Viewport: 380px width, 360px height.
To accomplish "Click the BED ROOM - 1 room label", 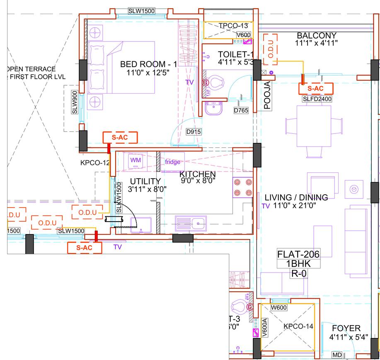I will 148,65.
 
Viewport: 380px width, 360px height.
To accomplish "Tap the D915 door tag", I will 194,132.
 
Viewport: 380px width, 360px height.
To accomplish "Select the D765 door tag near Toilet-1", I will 241,111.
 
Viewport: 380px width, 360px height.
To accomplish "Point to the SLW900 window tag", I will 75,102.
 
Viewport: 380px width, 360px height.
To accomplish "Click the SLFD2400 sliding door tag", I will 317,99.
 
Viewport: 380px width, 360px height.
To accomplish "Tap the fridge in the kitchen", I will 172,162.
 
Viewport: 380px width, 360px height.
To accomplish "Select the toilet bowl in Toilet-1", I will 214,82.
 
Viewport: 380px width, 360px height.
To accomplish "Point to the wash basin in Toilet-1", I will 213,109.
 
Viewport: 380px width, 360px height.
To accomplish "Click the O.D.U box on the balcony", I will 270,50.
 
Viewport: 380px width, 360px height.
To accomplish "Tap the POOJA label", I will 268,96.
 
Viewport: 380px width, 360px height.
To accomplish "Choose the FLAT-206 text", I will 298,254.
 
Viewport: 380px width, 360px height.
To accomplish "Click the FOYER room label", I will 345,328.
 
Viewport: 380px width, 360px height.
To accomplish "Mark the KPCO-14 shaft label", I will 298,326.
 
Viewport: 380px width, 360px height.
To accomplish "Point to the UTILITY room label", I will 145,181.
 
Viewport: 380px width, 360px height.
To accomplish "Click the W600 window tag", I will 280,308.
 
